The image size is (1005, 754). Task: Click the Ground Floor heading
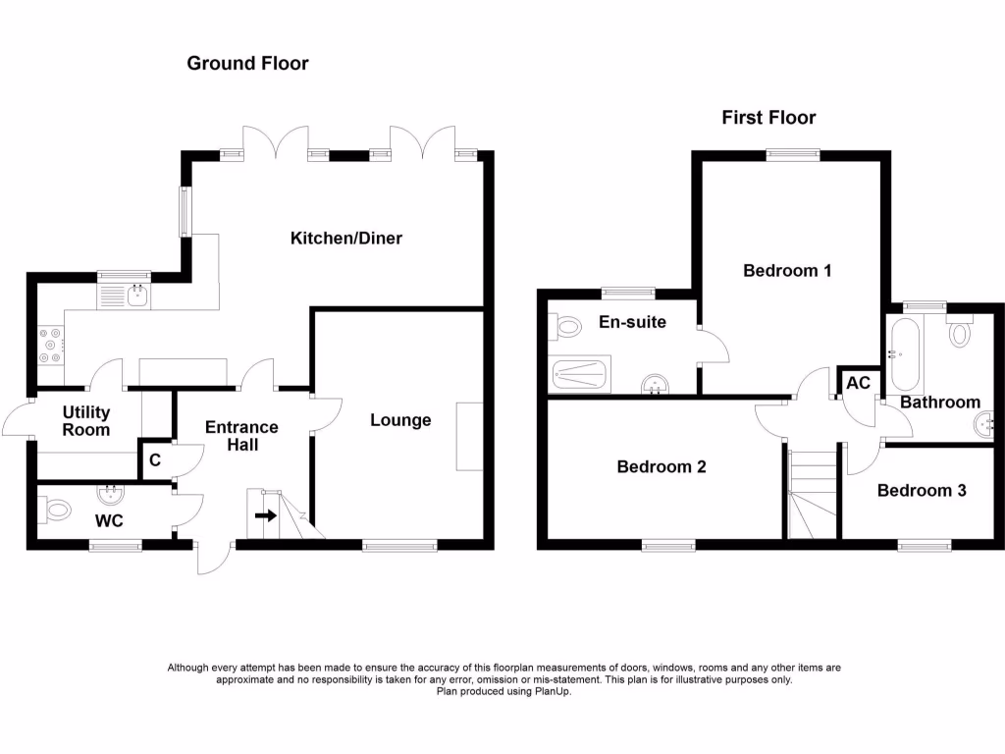(x=247, y=64)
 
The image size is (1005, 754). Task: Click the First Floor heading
(x=768, y=118)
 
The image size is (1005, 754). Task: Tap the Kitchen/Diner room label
(x=346, y=239)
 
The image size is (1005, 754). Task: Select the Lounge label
(x=400, y=420)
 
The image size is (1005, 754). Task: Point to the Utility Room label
(x=86, y=421)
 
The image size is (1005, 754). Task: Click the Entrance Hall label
(x=241, y=436)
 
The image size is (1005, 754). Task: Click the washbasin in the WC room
(x=111, y=494)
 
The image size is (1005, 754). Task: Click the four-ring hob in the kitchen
(x=49, y=345)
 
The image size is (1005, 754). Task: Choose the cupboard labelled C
(x=154, y=459)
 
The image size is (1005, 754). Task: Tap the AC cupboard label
(x=858, y=383)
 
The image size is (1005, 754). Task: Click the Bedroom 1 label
(x=787, y=270)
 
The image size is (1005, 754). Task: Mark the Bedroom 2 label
(x=661, y=466)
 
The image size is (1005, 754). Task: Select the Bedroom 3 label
(x=922, y=490)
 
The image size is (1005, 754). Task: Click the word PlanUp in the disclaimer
(x=552, y=691)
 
